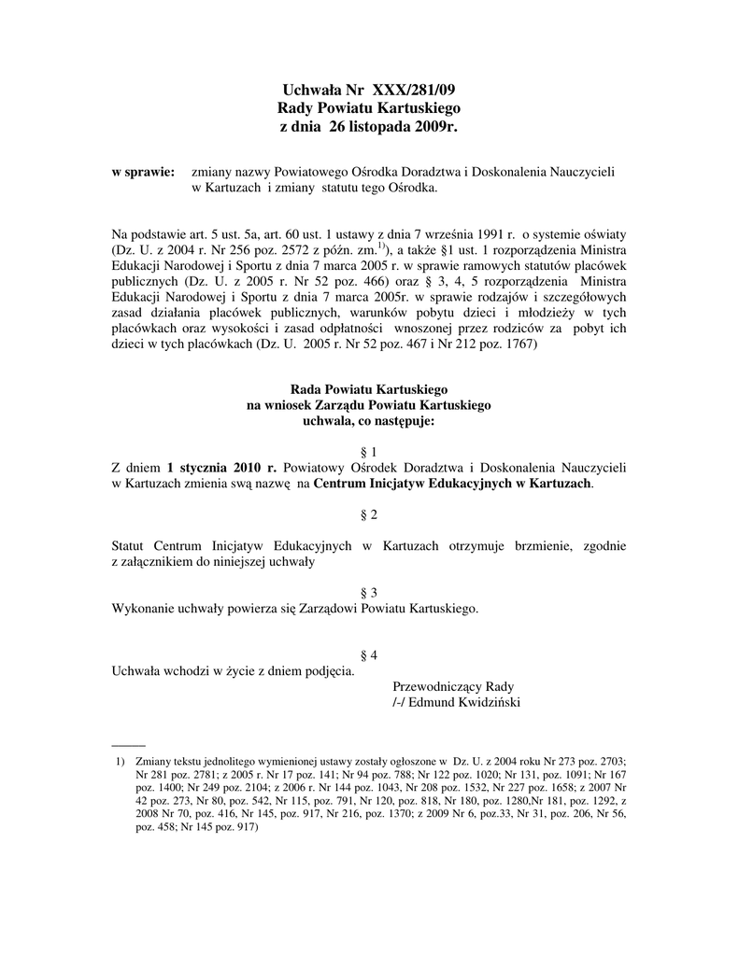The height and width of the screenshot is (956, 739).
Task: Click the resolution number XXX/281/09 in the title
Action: click(x=415, y=91)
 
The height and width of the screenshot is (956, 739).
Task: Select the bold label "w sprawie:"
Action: click(x=144, y=173)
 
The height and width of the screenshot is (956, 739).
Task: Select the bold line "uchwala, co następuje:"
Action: click(x=369, y=421)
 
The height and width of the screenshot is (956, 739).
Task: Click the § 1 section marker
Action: click(x=369, y=450)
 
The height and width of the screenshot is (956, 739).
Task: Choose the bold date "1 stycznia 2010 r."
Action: click(x=222, y=467)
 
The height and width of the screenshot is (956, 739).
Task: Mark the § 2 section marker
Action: click(x=369, y=514)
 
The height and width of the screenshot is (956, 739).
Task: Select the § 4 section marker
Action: click(x=369, y=655)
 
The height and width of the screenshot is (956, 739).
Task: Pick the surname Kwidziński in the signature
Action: click(x=483, y=702)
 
